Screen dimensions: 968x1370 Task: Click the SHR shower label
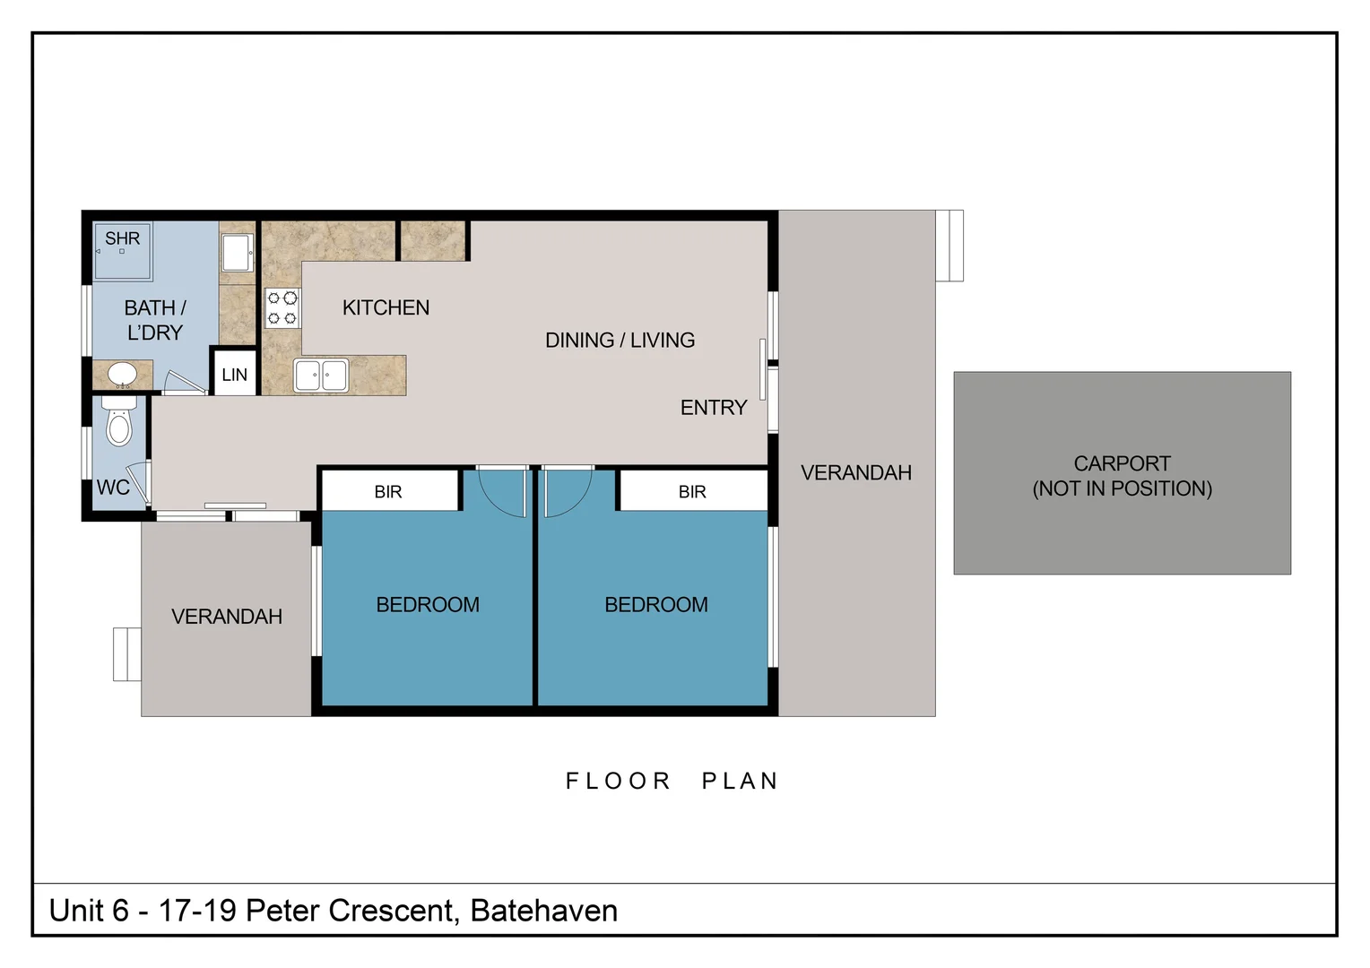coord(122,238)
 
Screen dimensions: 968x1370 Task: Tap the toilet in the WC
coord(119,424)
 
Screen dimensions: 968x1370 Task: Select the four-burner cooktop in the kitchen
coord(282,308)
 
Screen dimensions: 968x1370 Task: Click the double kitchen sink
coord(321,376)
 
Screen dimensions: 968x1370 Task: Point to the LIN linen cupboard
coord(234,375)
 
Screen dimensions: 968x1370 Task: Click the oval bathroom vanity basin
coord(122,374)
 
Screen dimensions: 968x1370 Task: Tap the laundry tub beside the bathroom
coord(237,252)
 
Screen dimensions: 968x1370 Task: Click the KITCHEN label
coord(386,307)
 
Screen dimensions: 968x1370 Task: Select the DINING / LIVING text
coord(620,340)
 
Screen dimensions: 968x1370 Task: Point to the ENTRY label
coord(713,408)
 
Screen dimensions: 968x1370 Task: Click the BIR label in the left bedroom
coord(388,492)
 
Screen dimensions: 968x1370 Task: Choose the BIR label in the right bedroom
coord(692,492)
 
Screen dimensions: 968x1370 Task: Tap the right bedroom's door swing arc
coord(567,492)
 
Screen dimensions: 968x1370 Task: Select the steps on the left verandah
coord(127,654)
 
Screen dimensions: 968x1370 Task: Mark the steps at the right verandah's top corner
coord(949,246)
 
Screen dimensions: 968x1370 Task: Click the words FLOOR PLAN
coord(672,781)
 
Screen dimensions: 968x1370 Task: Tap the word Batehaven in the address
coord(543,911)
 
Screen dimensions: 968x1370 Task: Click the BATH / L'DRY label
coord(155,320)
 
